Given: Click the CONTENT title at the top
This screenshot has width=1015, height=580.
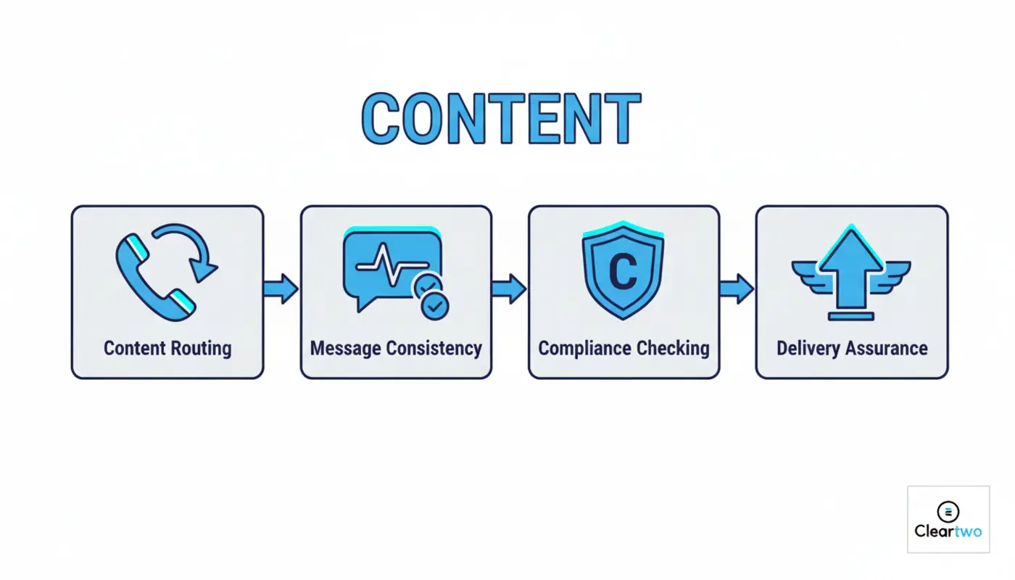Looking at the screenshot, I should tap(500, 119).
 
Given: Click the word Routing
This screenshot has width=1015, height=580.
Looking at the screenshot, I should tap(201, 348).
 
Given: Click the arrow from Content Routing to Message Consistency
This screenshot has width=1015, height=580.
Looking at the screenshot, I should tap(281, 289).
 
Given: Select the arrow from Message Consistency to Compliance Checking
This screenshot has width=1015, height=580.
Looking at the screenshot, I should tap(509, 289).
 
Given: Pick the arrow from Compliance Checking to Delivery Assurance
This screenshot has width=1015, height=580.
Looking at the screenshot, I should tap(737, 289).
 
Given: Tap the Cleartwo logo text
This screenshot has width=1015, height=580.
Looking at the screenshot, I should tap(948, 531).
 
